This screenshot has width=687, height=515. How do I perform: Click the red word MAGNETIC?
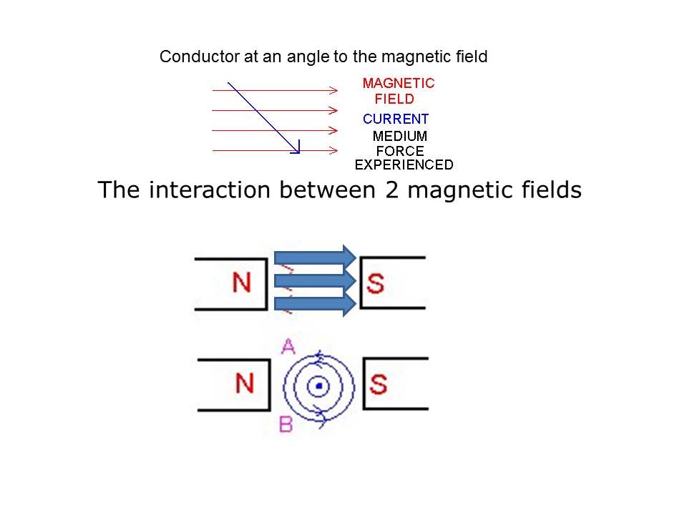pos(399,83)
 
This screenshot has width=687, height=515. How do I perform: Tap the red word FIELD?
pos(394,99)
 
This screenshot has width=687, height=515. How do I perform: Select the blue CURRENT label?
pos(396,119)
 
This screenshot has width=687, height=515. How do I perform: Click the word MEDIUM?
pos(399,136)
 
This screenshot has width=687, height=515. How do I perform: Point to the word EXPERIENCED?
pos(404,165)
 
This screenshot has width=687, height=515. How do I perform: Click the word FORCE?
pos(400,151)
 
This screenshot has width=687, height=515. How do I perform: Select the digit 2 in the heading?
pos(391,190)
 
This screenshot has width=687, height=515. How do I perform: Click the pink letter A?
pos(288,347)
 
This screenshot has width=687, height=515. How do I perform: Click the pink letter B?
pos(286,424)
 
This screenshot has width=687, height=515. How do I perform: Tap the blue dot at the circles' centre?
pos(319,386)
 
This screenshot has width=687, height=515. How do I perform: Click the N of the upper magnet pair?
pos(241,283)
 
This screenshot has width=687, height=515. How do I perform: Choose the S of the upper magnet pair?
pos(375,283)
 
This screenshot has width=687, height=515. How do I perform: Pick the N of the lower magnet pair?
pos(245,383)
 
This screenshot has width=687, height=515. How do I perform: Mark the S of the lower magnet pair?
pos(378,384)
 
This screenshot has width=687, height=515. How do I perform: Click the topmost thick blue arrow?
pos(315,257)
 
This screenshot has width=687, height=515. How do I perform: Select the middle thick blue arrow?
pos(315,280)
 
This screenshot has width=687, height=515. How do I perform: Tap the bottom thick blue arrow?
pos(315,305)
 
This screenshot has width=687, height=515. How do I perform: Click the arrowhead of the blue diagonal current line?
pos(297,149)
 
